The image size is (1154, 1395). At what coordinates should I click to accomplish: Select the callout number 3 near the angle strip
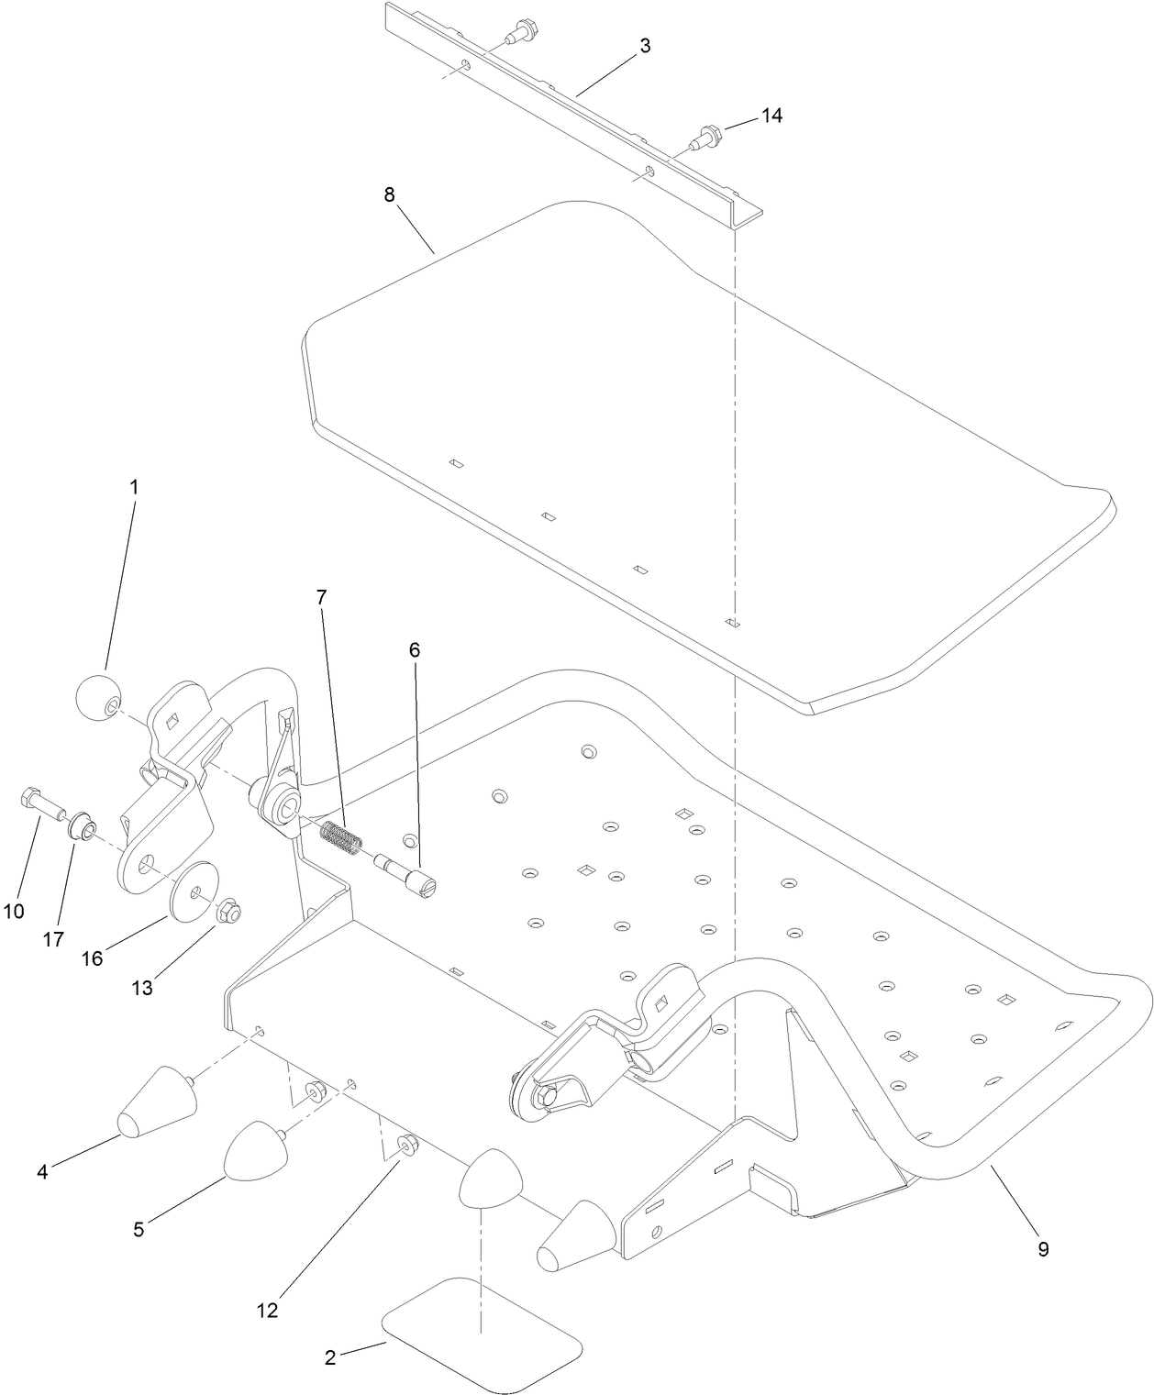coord(645,47)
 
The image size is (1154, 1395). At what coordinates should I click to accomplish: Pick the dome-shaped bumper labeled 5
coord(255,1147)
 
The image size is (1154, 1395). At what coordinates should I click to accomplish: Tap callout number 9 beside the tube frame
coord(1042,1248)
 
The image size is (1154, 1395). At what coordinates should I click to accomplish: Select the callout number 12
coord(267,1311)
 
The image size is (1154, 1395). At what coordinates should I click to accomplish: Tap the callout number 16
coord(92,958)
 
